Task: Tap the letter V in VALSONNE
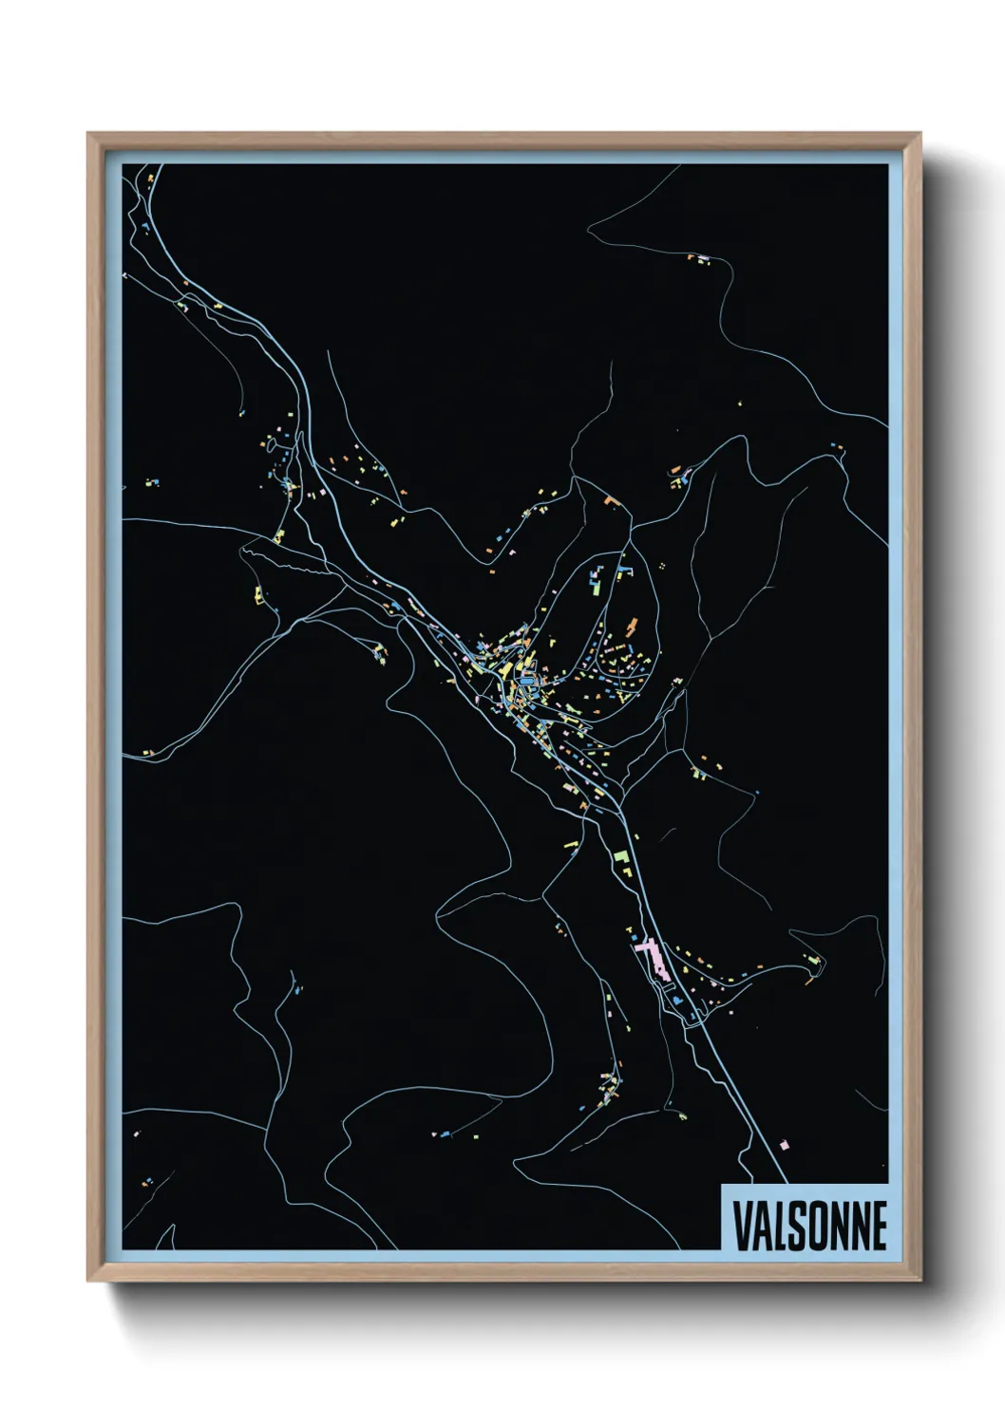(x=744, y=1226)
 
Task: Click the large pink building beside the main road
(x=652, y=955)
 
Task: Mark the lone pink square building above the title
(x=784, y=1144)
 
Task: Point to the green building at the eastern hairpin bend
(x=811, y=959)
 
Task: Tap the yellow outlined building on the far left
(x=257, y=595)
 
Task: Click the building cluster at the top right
(x=701, y=258)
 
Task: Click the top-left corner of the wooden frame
(x=88, y=134)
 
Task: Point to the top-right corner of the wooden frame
(x=920, y=134)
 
